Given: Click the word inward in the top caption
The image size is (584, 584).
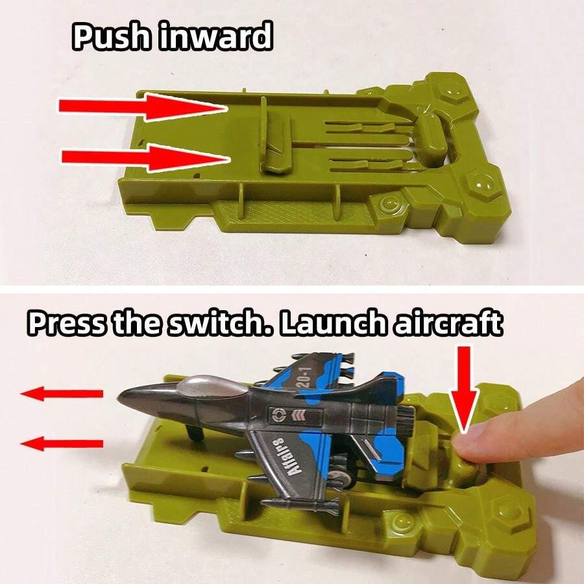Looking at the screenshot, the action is [x=216, y=36].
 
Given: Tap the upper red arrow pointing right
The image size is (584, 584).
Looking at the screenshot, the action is [x=143, y=107].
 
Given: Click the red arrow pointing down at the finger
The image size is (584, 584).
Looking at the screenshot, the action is [x=464, y=389].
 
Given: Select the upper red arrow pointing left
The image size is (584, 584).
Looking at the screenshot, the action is [x=62, y=394].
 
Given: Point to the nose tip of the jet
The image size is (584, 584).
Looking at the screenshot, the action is [x=119, y=398].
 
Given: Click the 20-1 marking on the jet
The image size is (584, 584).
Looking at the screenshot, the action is [x=304, y=376].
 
